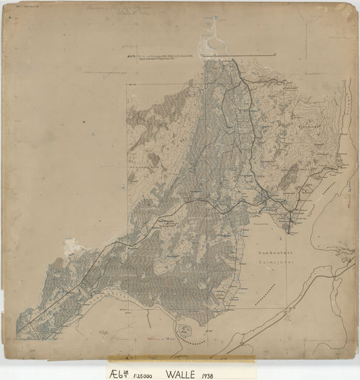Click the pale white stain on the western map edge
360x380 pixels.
pos(70,245)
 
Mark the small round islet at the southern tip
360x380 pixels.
pos(188,329)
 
